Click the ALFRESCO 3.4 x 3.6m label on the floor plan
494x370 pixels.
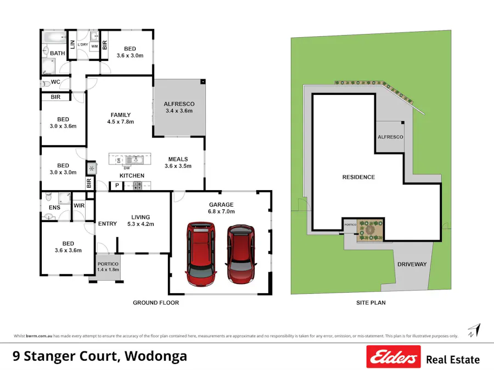click(179, 107)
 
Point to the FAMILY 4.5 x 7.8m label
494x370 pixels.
click(120, 118)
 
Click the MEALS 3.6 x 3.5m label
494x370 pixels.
click(178, 162)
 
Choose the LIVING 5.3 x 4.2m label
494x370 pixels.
click(141, 220)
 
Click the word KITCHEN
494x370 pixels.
click(132, 176)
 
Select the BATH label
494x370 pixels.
click(58, 53)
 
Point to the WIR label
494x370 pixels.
click(78, 206)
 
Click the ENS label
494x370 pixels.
click(54, 208)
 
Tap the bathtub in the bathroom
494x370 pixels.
click(53, 38)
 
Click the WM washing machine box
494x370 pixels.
click(94, 47)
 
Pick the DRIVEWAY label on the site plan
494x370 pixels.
click(412, 264)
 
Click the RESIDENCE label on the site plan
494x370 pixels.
click(358, 177)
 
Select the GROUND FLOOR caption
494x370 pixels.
click(156, 303)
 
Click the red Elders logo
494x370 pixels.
click(394, 357)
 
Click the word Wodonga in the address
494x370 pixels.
click(156, 356)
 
